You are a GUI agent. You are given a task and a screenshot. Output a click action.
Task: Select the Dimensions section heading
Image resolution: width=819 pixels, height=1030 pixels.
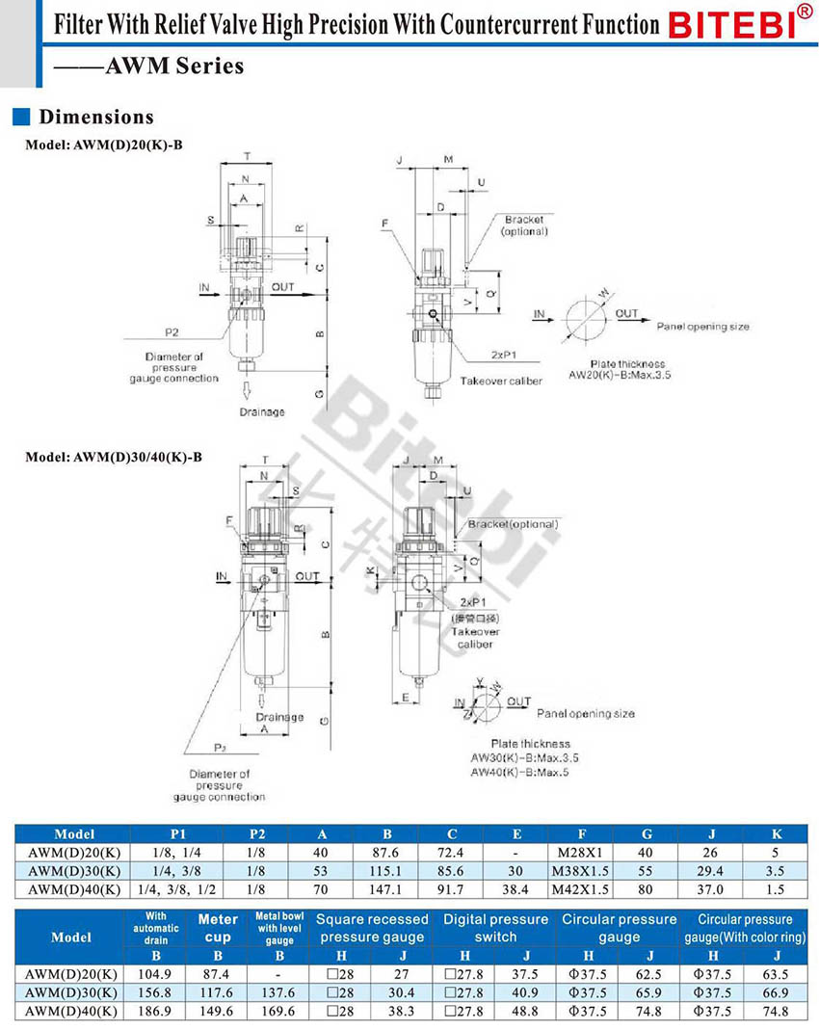95,118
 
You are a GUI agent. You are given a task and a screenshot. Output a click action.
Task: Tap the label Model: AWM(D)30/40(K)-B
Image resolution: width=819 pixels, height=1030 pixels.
114,456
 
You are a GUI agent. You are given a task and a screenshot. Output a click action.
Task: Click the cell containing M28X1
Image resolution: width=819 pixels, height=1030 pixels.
581,853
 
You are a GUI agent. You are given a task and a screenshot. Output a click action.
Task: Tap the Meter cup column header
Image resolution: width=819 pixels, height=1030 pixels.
218,928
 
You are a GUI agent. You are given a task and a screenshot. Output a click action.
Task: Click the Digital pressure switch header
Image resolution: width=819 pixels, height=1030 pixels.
495,928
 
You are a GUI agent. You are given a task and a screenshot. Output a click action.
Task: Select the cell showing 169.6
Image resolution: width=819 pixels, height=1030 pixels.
279,1011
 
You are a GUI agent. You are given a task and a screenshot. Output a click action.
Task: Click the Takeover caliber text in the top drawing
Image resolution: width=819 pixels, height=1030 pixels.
501,381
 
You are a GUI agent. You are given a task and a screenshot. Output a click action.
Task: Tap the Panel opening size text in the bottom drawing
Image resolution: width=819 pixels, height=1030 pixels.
586,713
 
